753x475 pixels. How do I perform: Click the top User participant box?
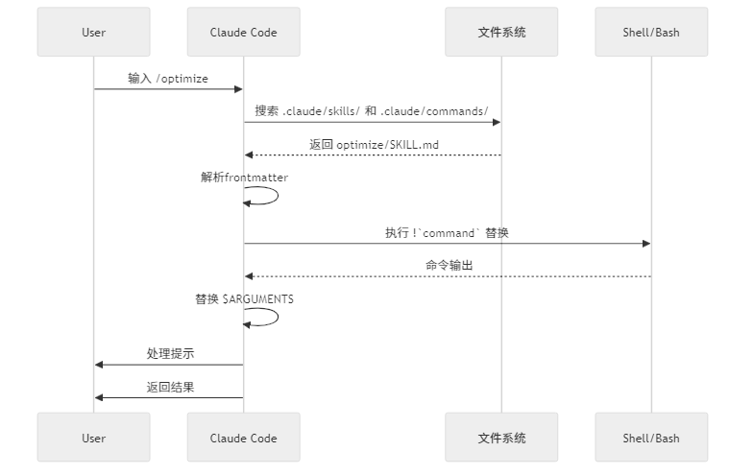pyautogui.click(x=93, y=32)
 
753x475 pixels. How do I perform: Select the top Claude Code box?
pyautogui.click(x=243, y=32)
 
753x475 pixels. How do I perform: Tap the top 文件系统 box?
pyautogui.click(x=501, y=32)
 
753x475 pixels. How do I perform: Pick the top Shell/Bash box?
pyautogui.click(x=650, y=32)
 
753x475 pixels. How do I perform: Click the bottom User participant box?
pyautogui.click(x=93, y=438)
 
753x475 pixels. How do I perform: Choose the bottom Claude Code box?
pyautogui.click(x=243, y=438)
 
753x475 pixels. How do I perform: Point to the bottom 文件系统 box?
pyautogui.click(x=501, y=438)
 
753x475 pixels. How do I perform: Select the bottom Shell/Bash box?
pyautogui.click(x=650, y=438)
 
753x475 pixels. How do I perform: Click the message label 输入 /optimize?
pyautogui.click(x=168, y=78)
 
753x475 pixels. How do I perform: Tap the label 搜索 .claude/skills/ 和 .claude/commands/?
pyautogui.click(x=372, y=110)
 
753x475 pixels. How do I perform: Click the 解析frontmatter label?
pyautogui.click(x=244, y=178)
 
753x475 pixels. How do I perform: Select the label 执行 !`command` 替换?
pyautogui.click(x=447, y=232)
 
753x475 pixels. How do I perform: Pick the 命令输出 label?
pyautogui.click(x=449, y=265)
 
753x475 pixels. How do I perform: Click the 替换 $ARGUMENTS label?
pyautogui.click(x=244, y=298)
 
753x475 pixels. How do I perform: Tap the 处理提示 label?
pyautogui.click(x=170, y=353)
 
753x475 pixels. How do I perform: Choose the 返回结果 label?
pyautogui.click(x=170, y=387)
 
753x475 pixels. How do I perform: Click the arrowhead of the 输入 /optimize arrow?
pyautogui.click(x=238, y=89)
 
